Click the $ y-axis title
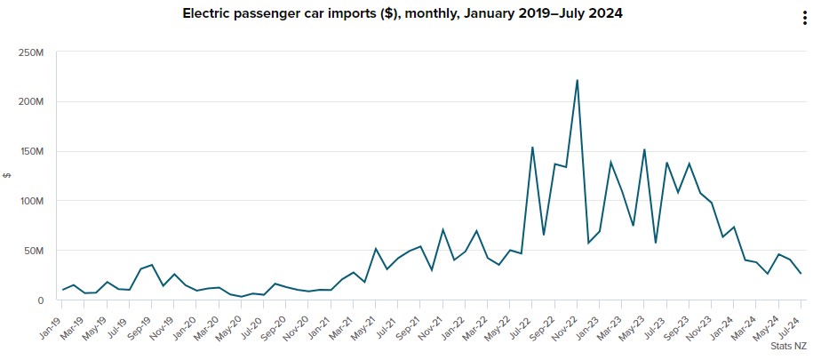[7, 175]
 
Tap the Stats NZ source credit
[788, 344]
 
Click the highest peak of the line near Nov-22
[578, 80]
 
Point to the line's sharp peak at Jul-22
[532, 148]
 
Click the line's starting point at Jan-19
[62, 290]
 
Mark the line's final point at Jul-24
[801, 274]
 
